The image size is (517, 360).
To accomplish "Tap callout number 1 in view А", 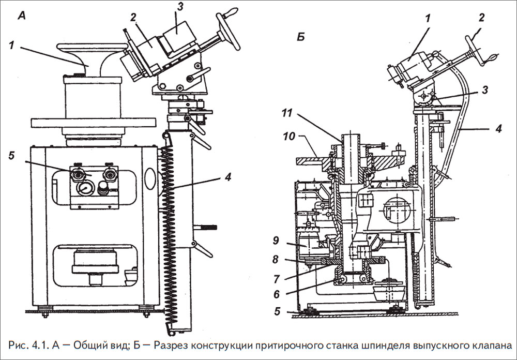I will (x=11, y=45).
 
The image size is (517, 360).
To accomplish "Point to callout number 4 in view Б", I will (x=497, y=128).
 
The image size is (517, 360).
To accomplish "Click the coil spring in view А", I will (x=168, y=228).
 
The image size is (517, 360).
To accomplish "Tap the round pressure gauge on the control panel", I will (x=83, y=188).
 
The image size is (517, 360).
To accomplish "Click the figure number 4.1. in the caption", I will (x=43, y=345).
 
